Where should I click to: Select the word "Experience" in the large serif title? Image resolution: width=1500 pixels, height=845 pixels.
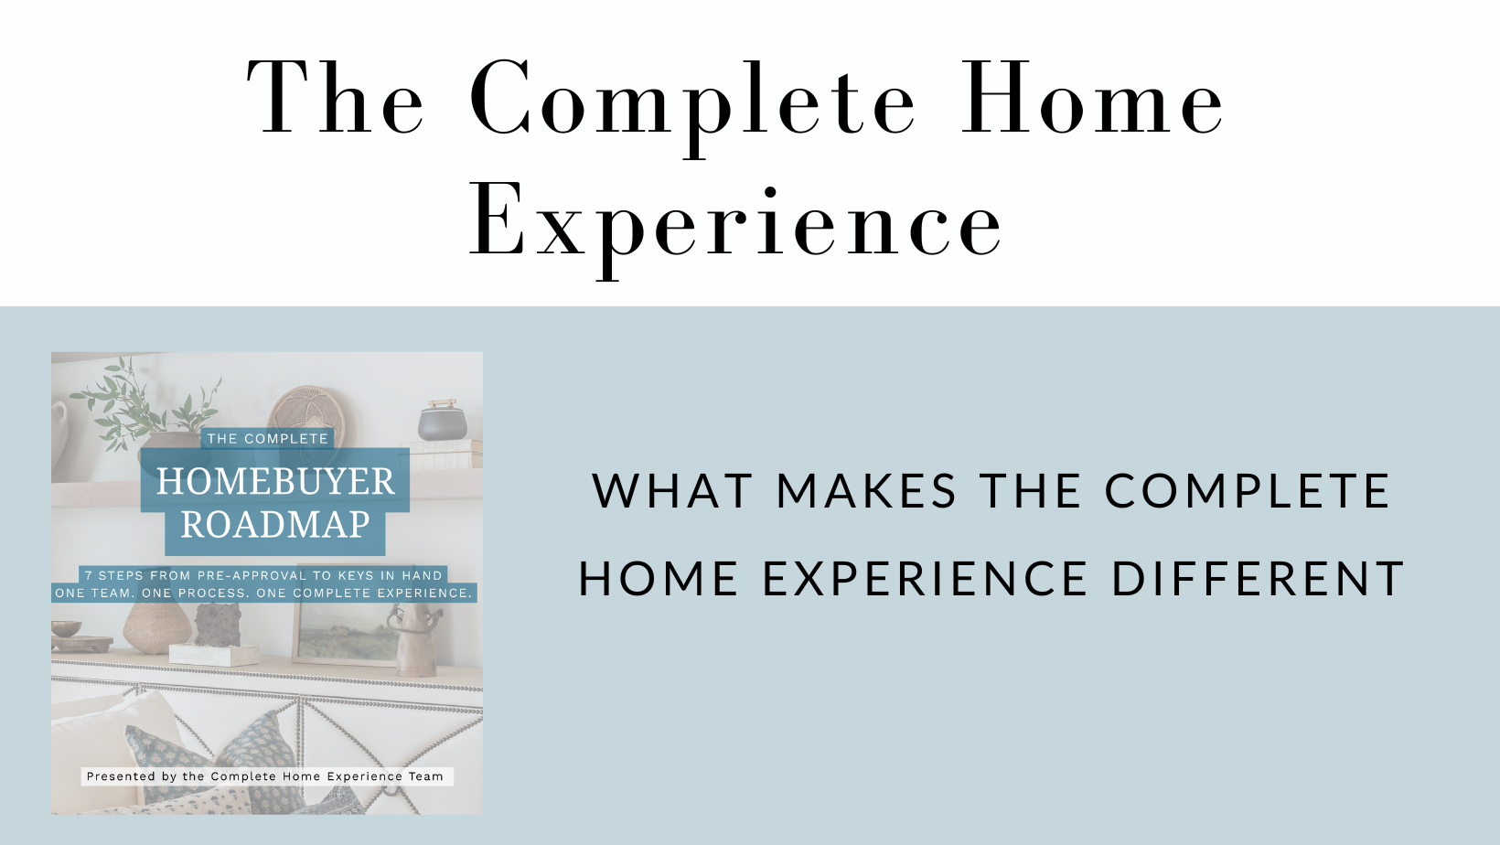point(736,221)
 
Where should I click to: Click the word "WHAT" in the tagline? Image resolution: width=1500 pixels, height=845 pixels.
point(673,491)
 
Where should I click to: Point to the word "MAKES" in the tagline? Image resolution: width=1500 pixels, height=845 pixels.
point(866,491)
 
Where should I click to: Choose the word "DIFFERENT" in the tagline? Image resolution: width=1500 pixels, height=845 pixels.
point(1258,579)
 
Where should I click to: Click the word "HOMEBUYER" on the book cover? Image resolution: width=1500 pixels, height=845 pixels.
point(275,481)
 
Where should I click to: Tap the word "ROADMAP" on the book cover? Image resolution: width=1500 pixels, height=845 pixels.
point(275,524)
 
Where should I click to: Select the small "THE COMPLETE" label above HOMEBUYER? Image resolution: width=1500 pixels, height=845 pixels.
point(267,439)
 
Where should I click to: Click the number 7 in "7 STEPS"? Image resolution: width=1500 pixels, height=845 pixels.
point(89,575)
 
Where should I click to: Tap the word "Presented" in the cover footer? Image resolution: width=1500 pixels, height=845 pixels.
point(113,776)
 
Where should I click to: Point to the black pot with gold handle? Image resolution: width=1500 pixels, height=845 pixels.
point(443,420)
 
